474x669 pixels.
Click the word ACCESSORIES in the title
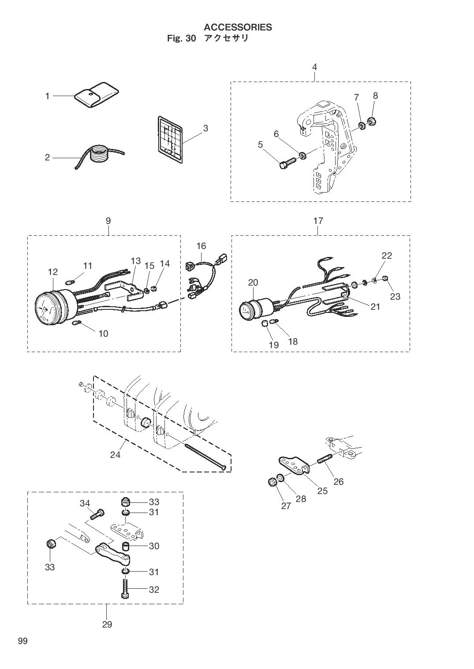[238, 27]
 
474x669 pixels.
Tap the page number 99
[22, 641]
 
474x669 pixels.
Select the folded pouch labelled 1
[96, 94]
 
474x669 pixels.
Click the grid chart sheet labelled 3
[170, 137]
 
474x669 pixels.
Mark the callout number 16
[201, 246]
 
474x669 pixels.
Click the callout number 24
[115, 454]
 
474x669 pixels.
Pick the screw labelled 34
[98, 514]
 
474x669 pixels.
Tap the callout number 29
[107, 624]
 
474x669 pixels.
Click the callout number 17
[318, 221]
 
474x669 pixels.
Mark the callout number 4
[314, 67]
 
